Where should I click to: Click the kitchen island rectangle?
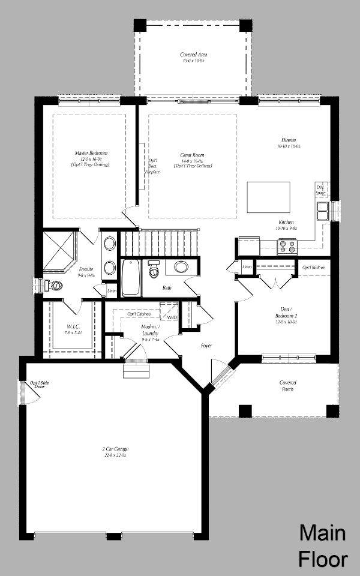point(268,197)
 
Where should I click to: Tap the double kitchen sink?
point(323,211)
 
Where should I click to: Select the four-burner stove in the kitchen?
point(287,246)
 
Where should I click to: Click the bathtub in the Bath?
point(131,277)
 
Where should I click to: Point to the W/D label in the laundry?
point(172,317)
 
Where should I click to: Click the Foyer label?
point(206,346)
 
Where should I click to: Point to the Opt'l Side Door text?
point(35,385)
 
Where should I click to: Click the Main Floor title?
point(323,546)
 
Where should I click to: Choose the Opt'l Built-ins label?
point(314,267)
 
